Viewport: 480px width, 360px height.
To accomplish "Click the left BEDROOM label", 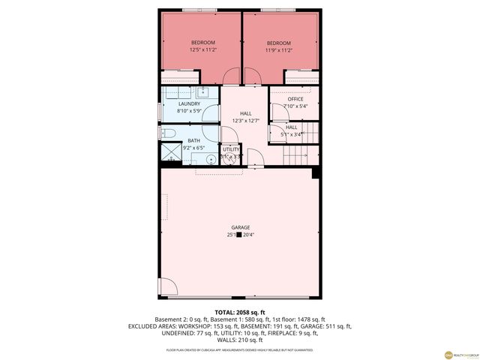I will (203, 43).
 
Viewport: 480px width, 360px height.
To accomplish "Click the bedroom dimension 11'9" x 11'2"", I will (279, 51).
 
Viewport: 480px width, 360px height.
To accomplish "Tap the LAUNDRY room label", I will (189, 103).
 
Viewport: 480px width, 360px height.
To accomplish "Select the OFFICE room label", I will (295, 99).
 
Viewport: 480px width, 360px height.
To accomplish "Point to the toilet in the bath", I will (168, 133).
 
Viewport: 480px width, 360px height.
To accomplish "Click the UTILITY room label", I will (231, 149).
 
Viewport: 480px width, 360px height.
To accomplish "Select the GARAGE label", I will (240, 227).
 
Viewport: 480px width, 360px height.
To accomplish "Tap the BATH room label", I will (194, 140).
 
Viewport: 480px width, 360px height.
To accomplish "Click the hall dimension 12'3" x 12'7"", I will (245, 121).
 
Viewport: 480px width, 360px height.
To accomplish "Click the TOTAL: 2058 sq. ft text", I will (240, 312).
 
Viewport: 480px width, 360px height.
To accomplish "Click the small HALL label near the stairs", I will (292, 127).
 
